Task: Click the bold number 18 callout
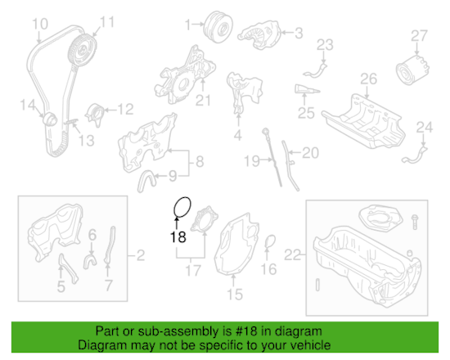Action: click(178, 238)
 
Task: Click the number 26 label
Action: click(368, 79)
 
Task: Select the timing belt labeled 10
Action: click(44, 90)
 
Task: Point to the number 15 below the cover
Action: click(235, 294)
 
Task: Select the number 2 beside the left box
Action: click(140, 255)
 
